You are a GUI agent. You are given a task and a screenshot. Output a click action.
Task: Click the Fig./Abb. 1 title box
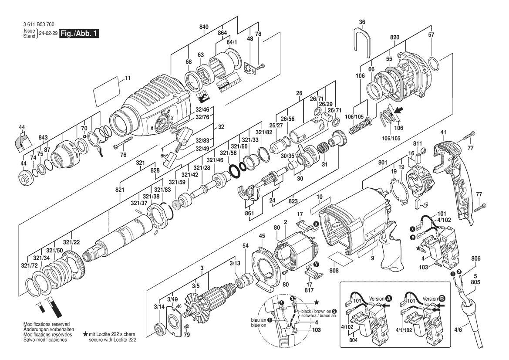(x=79, y=34)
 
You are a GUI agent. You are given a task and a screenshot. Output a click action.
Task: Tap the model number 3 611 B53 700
(x=39, y=24)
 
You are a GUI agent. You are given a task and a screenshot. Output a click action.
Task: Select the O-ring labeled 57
(x=434, y=65)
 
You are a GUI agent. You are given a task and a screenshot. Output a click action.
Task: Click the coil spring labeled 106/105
(x=361, y=126)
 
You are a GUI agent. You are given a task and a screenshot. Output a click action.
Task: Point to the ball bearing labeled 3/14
(x=160, y=328)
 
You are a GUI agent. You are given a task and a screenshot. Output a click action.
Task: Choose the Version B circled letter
(x=442, y=299)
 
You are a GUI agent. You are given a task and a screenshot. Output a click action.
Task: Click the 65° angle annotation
(x=164, y=156)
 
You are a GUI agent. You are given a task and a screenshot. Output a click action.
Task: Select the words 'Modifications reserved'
(x=47, y=324)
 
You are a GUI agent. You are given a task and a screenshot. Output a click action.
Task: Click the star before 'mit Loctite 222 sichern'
(x=85, y=334)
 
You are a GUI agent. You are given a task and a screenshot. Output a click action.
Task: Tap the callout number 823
(x=293, y=201)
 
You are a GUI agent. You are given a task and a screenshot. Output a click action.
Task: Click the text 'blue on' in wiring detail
(x=259, y=325)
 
